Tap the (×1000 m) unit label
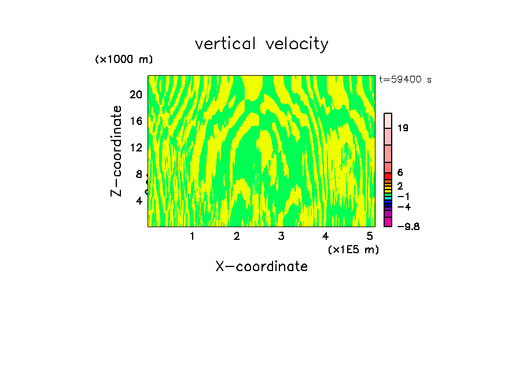[124, 60]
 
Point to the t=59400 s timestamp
[405, 80]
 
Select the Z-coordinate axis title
[117, 151]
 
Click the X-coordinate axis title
[261, 266]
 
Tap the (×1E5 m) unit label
[353, 250]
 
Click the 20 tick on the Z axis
[135, 95]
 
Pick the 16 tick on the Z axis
[135, 121]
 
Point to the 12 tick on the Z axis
[135, 147]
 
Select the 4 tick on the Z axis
[139, 201]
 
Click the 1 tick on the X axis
[192, 236]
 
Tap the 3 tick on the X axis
[281, 236]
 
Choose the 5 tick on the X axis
[370, 236]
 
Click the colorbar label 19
[403, 128]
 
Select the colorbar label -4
[404, 207]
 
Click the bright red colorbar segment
[388, 176]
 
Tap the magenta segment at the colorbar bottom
[388, 222]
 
